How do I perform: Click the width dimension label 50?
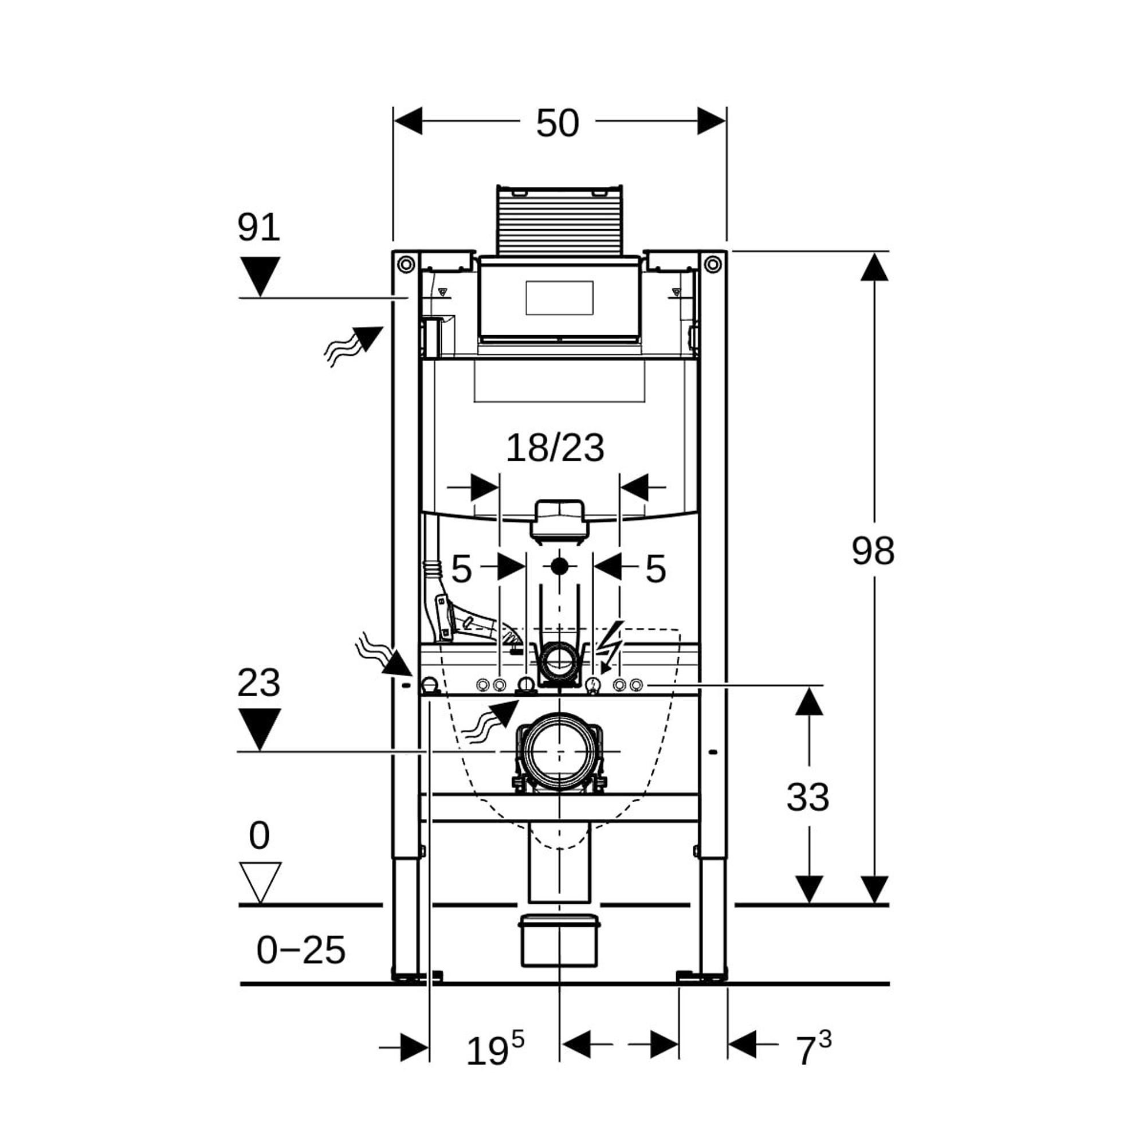557,123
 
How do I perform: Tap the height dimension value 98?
873,551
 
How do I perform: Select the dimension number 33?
807,796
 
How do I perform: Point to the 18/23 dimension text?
555,449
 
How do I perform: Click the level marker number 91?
258,226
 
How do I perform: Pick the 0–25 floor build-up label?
301,949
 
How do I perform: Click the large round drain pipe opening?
559,752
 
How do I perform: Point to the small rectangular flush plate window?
559,298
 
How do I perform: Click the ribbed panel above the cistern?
559,221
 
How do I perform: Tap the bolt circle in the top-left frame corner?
406,264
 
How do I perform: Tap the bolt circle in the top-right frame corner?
713,264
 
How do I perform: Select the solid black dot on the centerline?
559,567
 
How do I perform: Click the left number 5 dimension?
461,569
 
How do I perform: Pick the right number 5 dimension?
655,569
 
